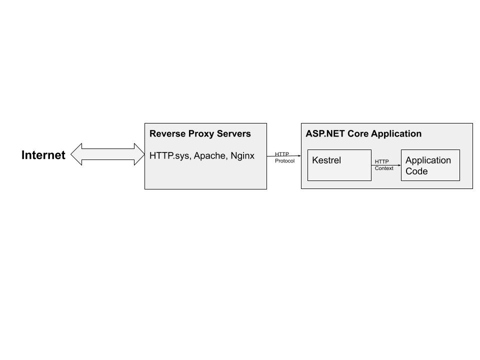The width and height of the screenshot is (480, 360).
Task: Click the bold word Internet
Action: (x=43, y=155)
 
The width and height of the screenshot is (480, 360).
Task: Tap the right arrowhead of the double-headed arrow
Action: (x=138, y=154)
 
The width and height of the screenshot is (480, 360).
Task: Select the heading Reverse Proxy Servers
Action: (x=200, y=134)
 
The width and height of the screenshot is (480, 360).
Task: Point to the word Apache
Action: (x=210, y=156)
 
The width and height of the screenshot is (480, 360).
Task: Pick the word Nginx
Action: (x=242, y=156)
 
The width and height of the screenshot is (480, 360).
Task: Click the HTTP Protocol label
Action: (x=284, y=157)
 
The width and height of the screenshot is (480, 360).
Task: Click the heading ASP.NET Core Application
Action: (x=363, y=134)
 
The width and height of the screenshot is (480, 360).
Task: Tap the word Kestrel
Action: (x=326, y=160)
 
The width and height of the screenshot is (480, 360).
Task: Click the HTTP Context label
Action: (x=384, y=165)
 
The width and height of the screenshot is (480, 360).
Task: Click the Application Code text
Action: (x=428, y=165)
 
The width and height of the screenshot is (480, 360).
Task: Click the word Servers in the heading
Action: (x=234, y=134)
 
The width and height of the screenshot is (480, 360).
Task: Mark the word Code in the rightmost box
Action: (x=416, y=171)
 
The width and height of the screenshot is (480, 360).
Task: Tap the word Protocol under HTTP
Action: (x=284, y=161)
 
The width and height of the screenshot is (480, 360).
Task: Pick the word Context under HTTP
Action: (x=384, y=168)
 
